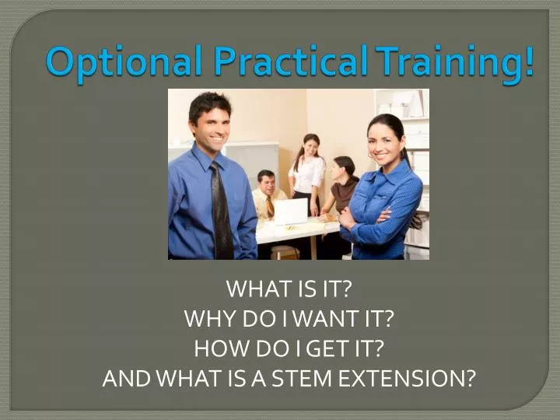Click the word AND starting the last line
pos(125,379)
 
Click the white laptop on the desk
pos(292,211)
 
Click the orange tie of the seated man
pos(270,206)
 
